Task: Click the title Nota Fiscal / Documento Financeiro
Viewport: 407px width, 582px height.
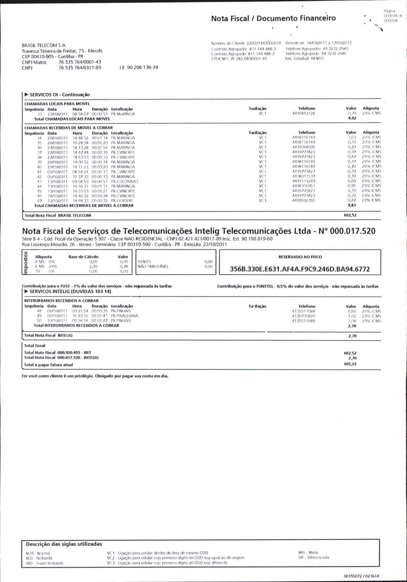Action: point(273,18)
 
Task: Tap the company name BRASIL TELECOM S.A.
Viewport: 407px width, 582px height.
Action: point(44,45)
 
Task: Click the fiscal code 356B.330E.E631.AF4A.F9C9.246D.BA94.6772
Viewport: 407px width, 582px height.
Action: point(300,269)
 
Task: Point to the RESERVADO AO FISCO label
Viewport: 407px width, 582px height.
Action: point(300,257)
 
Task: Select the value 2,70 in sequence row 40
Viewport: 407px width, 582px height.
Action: point(352,167)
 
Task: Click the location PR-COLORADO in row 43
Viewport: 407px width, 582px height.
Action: point(124,182)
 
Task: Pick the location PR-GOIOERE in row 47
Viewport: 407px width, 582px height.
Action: point(122,201)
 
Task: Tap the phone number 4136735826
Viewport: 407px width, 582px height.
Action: point(303,316)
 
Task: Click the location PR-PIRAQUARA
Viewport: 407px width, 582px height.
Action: point(124,316)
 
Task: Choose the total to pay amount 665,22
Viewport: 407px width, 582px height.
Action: point(350,364)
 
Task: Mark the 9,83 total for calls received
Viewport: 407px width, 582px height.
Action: point(352,205)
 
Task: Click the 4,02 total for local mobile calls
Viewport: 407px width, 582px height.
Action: point(352,119)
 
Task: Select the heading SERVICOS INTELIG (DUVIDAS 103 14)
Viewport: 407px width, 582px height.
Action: point(70,291)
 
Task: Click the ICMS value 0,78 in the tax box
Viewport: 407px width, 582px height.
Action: point(124,267)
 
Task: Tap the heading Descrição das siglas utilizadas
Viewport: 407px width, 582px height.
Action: point(64,544)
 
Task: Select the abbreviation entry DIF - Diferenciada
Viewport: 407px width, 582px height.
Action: point(313,557)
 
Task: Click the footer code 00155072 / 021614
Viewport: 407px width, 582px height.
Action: point(361,576)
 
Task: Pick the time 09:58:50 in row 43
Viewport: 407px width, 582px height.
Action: point(80,182)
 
